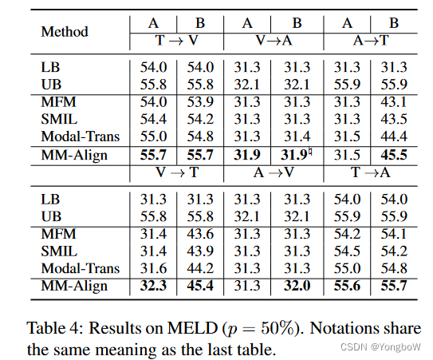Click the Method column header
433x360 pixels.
pos(65,33)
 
